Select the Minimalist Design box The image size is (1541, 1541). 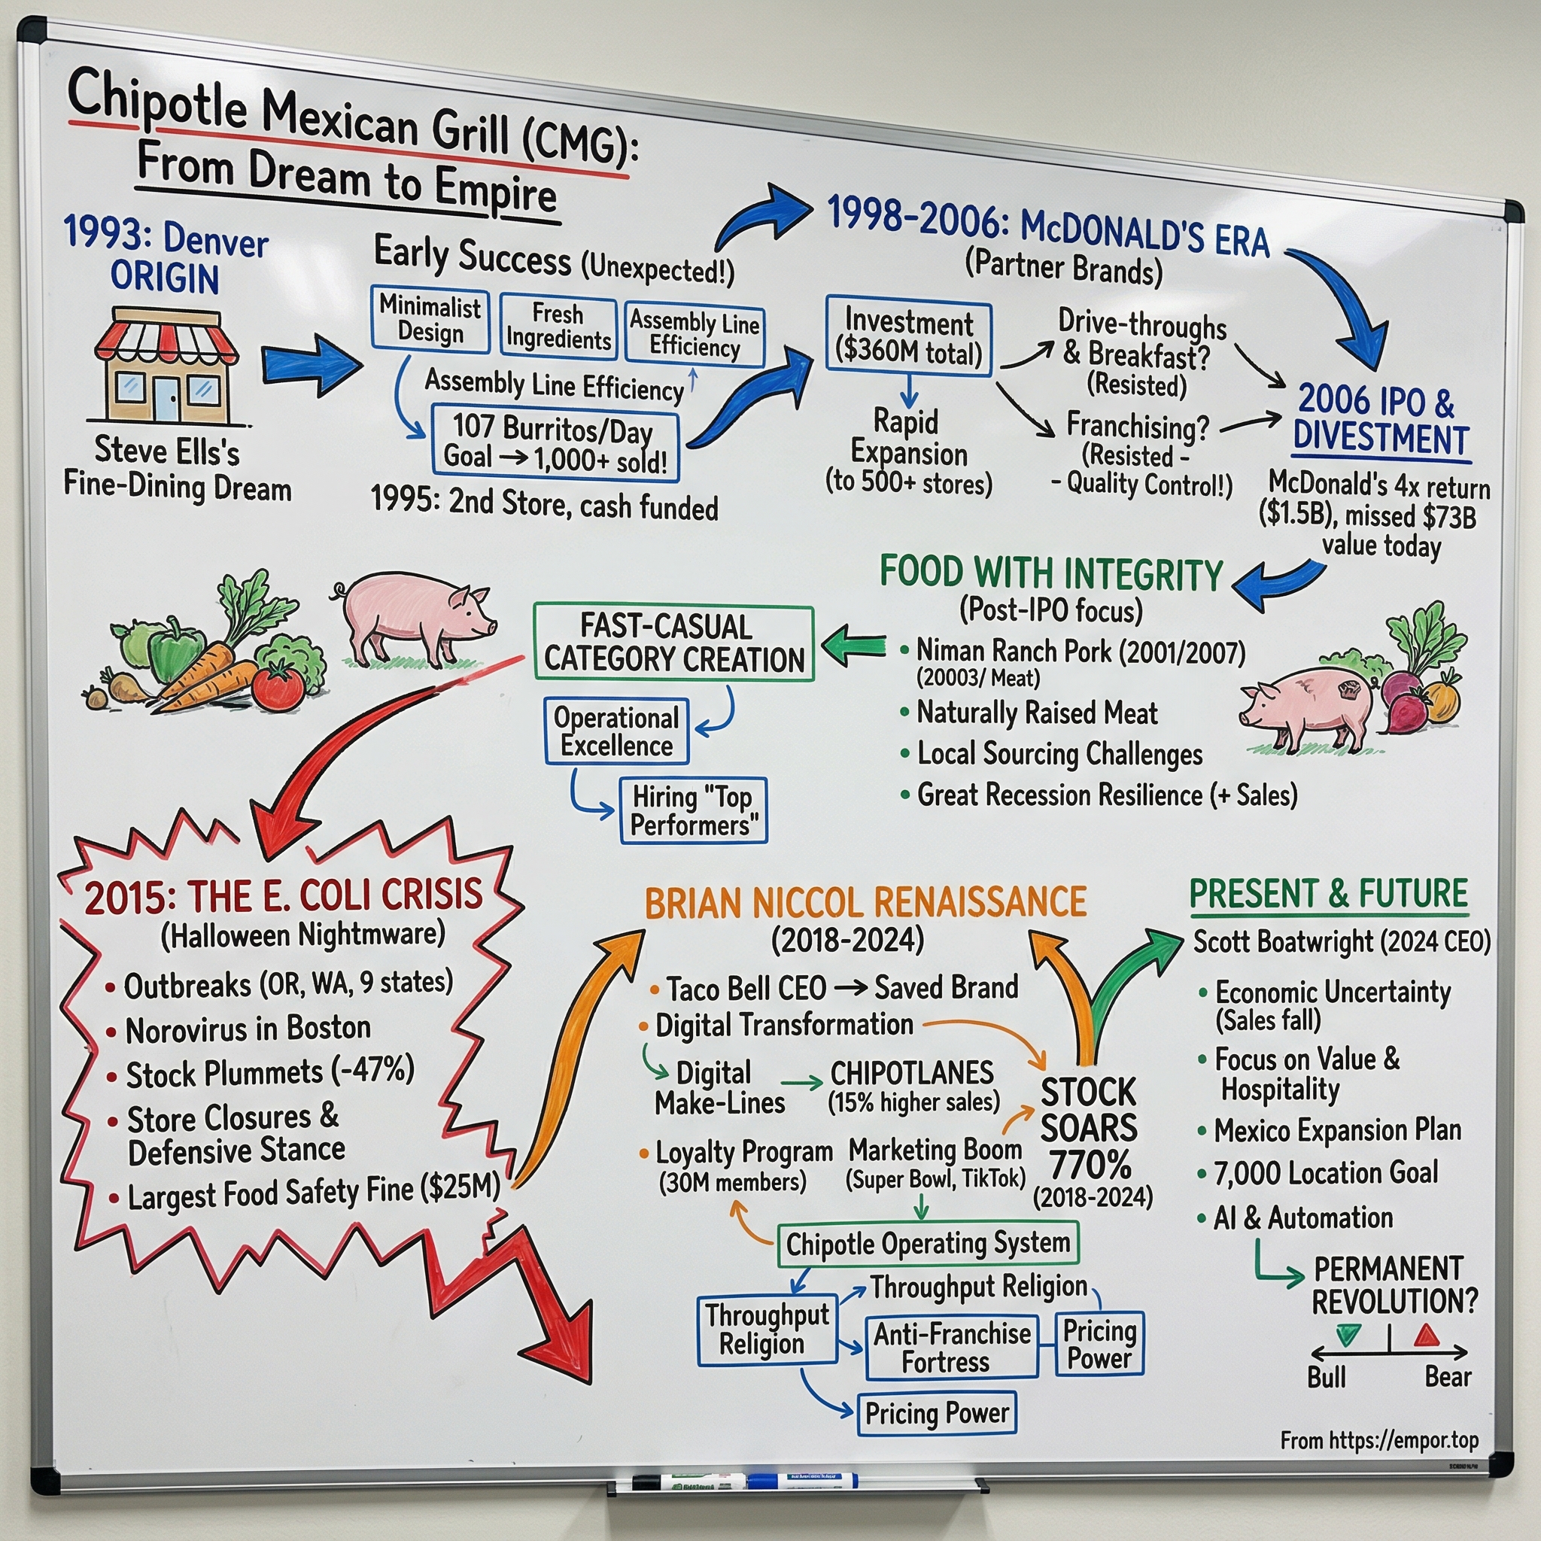pos(430,319)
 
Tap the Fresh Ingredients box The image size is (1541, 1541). pos(558,327)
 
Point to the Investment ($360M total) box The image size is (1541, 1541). pos(908,336)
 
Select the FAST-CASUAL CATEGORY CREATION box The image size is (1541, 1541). pos(673,643)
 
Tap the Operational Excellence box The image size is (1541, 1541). pos(615,731)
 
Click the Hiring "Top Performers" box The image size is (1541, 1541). pos(693,810)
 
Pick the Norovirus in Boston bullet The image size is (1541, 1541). pos(248,1029)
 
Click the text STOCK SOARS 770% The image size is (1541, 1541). pos(1089,1129)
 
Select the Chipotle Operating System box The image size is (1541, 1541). pos(928,1244)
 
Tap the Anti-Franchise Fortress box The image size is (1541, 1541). pos(952,1347)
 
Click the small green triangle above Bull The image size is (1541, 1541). pos(1348,1336)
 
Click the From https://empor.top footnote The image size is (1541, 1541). pos(1379,1440)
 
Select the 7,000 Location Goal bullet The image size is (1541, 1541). pos(1326,1173)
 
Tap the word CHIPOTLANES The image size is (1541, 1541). pos(912,1073)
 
